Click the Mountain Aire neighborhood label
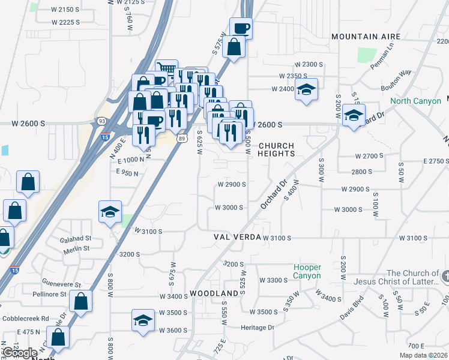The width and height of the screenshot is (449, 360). pos(367,37)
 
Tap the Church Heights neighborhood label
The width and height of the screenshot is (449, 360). pos(276,150)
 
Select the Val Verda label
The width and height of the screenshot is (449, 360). pos(238,238)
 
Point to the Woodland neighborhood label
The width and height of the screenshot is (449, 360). pos(214,293)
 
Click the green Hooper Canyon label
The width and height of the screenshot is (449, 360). pos(307,271)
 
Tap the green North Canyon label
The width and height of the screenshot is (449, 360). pos(415,101)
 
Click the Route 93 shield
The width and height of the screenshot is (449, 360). pos(101,121)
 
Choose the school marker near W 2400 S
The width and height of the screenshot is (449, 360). pos(306,90)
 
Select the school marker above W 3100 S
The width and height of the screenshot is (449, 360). pos(110,212)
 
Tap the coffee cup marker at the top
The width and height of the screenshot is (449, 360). pos(241,28)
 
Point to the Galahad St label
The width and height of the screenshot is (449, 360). pos(75,238)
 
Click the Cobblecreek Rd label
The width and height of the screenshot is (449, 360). pos(25,319)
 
